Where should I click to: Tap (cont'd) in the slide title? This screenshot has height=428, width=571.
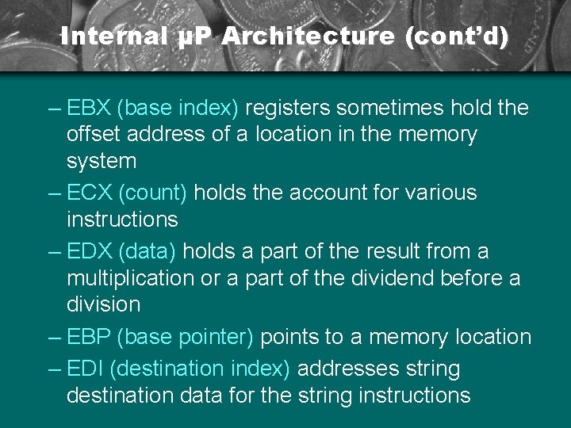tap(456, 36)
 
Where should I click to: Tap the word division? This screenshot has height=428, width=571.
tap(103, 304)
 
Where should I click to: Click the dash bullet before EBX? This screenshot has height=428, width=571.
tap(55, 108)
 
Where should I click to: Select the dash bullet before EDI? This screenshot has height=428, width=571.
tap(55, 369)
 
